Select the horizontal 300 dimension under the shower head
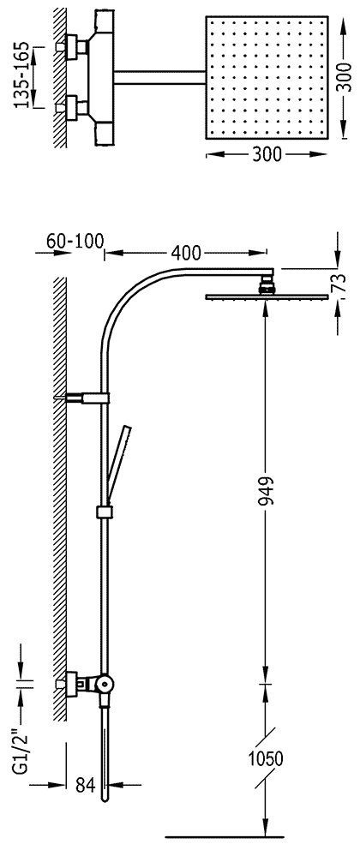pyautogui.click(x=267, y=156)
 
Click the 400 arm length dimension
pyautogui.click(x=186, y=253)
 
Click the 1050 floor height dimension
pyautogui.click(x=265, y=759)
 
